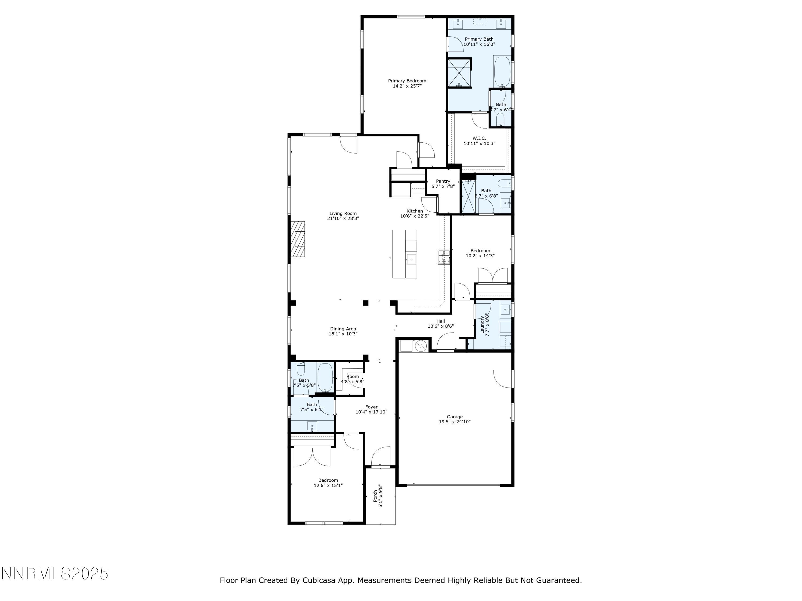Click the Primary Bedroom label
tap(407, 81)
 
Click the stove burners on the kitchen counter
tap(444, 257)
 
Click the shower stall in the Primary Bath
tap(459, 73)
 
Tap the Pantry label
tap(443, 181)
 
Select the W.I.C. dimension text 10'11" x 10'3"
tap(479, 143)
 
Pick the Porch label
tap(375, 496)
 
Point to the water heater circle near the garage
tap(421, 346)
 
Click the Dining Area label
tap(343, 329)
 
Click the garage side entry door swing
tap(503, 379)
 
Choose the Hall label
tap(441, 321)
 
